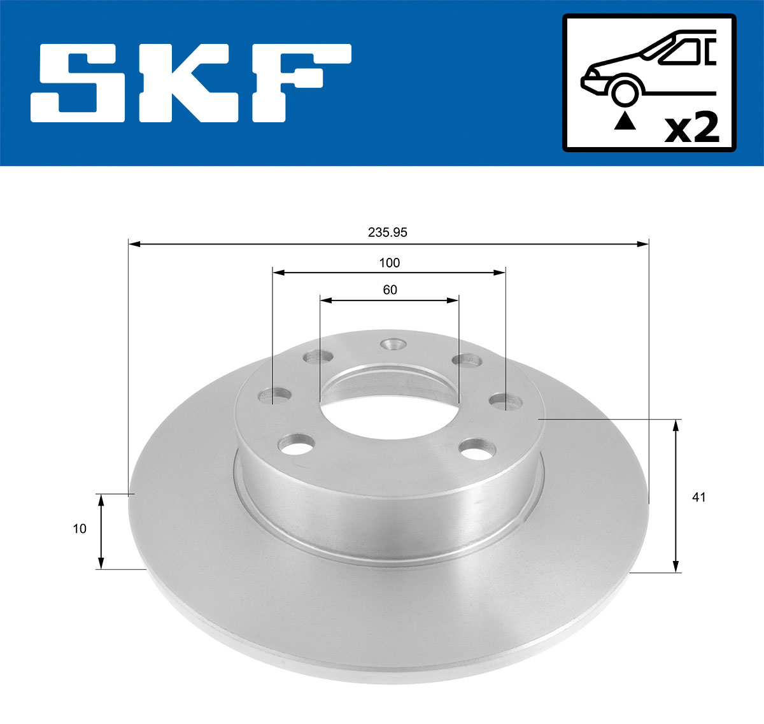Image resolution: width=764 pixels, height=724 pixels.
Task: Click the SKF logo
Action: tap(191, 83)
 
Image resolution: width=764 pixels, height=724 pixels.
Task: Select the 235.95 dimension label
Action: tap(387, 232)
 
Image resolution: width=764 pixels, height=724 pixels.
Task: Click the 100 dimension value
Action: tap(389, 262)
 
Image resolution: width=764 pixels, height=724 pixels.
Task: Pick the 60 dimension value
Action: tap(390, 290)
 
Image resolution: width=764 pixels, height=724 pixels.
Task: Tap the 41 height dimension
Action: tap(698, 497)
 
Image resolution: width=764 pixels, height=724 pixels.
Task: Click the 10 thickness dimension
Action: tap(80, 529)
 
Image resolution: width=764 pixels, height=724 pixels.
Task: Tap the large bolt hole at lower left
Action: tap(297, 444)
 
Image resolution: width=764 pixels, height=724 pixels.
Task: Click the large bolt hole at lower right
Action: tap(478, 448)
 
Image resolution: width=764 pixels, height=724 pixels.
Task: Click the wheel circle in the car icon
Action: tap(625, 91)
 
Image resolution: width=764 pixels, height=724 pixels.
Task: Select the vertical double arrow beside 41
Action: tap(676, 496)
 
